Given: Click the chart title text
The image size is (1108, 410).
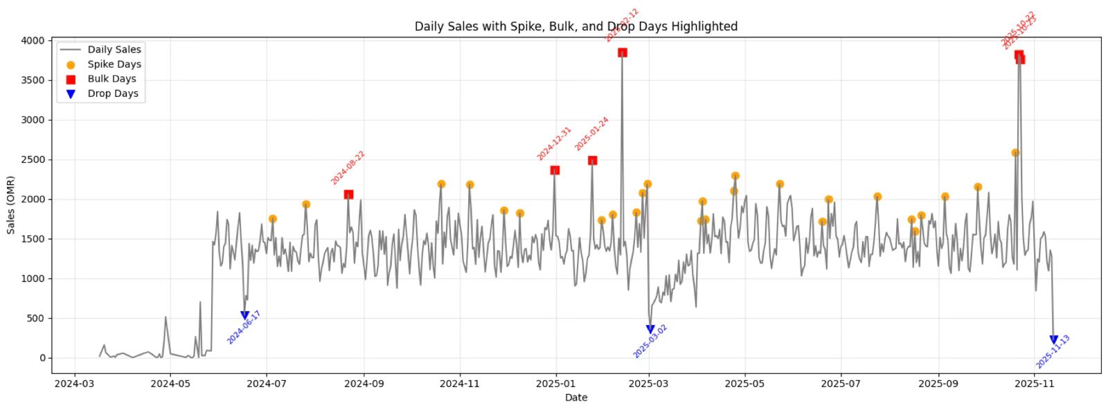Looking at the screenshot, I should pos(575,26).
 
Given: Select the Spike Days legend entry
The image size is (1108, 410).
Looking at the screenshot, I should pos(114,64).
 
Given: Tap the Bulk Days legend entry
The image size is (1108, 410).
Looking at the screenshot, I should pos(111,79).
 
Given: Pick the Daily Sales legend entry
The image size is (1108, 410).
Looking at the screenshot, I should pos(114,50).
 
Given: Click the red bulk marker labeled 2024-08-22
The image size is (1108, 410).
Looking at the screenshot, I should pos(348,195).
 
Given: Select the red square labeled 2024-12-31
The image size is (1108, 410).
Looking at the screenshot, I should pos(555,170).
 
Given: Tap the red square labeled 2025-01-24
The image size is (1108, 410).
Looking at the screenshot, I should pos(592,161).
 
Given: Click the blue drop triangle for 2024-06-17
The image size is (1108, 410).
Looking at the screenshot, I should pos(244,316).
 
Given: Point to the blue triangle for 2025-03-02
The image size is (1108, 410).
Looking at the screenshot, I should pos(650,330).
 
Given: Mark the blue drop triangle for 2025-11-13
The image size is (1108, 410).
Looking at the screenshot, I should pos(1054,340).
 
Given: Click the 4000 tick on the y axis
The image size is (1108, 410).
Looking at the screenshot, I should pos(33,41).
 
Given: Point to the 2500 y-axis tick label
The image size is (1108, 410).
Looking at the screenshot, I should pos(33,160).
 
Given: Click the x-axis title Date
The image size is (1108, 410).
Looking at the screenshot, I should pos(575,398).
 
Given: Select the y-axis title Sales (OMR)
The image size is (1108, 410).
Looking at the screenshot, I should pos(10,205).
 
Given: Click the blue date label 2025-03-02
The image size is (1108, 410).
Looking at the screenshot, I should pos(650,341).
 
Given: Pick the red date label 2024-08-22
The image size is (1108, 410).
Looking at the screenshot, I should pos(348,168).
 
